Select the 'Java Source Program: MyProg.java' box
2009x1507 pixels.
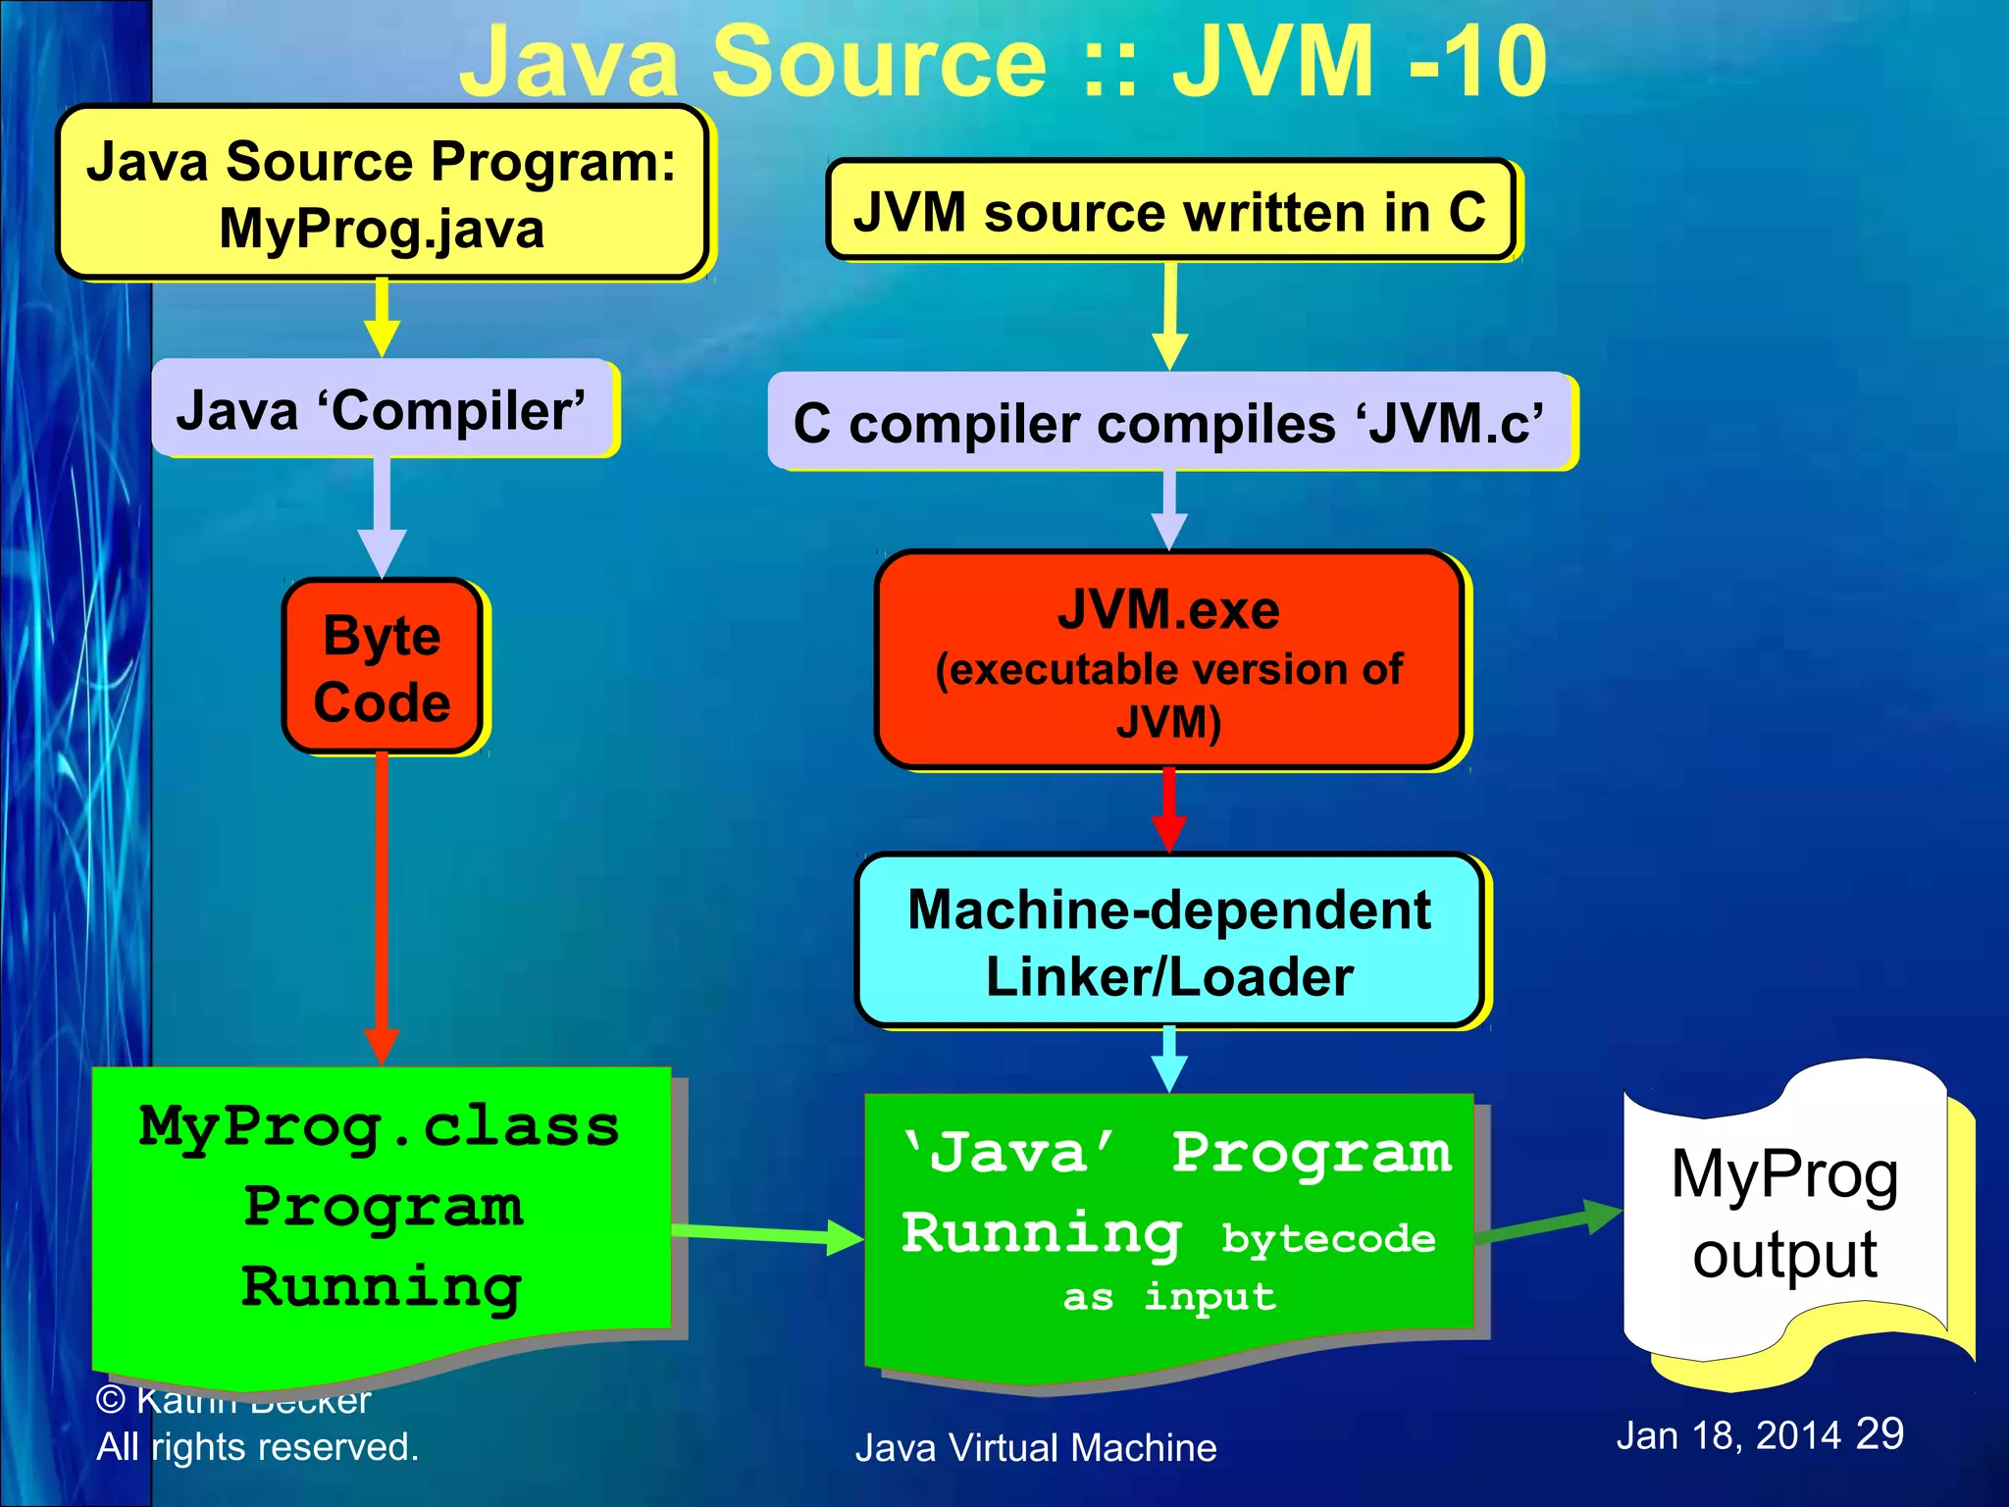[382, 193]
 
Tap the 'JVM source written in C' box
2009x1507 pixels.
[1169, 211]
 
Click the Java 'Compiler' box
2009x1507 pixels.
[382, 409]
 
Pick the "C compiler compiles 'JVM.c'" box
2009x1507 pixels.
[1169, 423]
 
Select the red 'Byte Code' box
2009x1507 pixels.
[382, 667]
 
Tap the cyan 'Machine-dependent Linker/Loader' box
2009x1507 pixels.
[1169, 942]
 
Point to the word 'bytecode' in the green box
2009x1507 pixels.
[1328, 1238]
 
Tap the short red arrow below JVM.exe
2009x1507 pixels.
[1169, 809]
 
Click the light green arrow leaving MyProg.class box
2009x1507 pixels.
[765, 1233]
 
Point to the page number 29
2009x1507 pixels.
[1880, 1433]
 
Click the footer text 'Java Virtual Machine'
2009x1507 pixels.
[1036, 1448]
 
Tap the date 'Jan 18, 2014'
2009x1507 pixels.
[1727, 1435]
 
